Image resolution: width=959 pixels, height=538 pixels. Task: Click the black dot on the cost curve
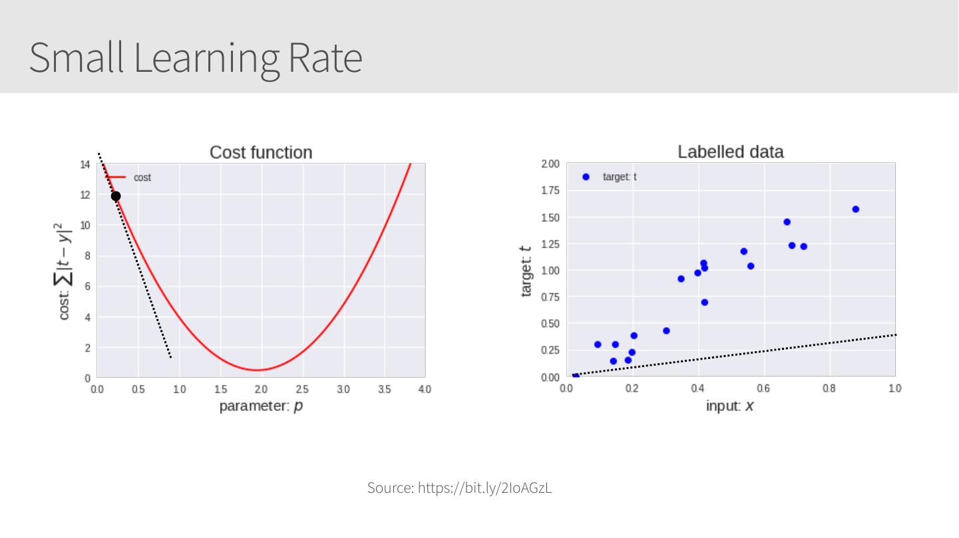pos(116,196)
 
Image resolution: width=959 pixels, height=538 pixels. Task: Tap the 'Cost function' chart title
pos(261,152)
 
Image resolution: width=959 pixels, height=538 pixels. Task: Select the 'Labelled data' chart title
pos(730,152)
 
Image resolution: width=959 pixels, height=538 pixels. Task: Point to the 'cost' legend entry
pos(142,178)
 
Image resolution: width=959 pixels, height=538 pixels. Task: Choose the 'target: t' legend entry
pos(619,177)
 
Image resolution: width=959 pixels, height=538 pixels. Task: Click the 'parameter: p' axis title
pos(261,406)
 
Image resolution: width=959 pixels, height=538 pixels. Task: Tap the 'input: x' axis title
pos(729,406)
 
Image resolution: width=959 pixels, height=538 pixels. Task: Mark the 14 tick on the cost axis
pos(85,164)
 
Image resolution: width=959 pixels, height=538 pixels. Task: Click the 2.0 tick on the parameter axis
pos(261,389)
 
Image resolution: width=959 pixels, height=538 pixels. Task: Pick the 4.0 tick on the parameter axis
pos(425,389)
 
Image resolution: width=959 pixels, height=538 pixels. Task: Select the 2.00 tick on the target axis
pos(550,164)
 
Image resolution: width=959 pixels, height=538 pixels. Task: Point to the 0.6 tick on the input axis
pos(763,388)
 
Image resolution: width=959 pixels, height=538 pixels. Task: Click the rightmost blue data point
pos(856,209)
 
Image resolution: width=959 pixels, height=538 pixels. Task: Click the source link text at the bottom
pos(460,488)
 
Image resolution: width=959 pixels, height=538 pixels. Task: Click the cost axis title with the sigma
pos(65,271)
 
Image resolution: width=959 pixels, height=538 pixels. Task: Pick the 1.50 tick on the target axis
pos(550,217)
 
